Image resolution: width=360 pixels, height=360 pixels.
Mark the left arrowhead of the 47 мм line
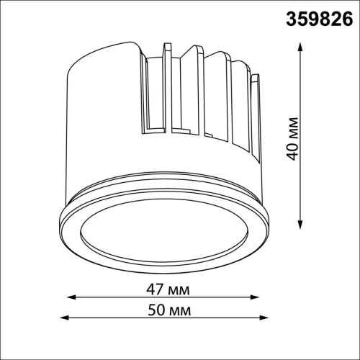point(72,297)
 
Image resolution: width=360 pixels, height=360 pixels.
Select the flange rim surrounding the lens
point(72,230)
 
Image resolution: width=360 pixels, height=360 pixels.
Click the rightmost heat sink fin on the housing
point(255,108)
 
